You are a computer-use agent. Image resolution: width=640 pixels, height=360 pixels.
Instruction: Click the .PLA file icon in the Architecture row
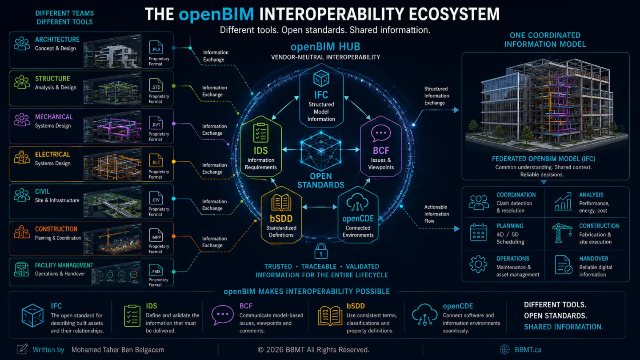point(156,47)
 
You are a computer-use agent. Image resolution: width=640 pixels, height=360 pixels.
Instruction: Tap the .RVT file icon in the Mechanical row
point(156,123)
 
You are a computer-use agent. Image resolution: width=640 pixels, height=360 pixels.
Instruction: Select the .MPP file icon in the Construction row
point(156,235)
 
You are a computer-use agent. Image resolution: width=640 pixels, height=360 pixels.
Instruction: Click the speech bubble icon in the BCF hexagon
point(381,133)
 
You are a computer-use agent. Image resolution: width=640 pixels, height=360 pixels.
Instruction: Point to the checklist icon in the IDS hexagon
point(260,132)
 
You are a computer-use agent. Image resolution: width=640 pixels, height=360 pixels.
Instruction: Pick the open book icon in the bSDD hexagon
point(281,203)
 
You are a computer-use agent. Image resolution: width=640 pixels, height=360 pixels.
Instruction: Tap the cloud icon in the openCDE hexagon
point(358,202)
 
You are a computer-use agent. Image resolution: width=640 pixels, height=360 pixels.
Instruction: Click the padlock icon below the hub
point(321,251)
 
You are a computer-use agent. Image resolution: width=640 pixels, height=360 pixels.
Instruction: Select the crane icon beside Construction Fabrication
point(562,233)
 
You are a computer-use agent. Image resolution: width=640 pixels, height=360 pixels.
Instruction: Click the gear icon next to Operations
point(478,264)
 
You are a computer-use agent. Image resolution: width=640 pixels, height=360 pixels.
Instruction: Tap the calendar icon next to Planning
point(478,232)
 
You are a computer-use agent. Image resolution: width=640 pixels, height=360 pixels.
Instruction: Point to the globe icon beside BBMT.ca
point(504,349)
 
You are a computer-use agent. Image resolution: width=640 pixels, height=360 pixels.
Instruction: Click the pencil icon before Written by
point(22,349)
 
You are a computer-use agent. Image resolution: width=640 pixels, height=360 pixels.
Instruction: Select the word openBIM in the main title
point(216,14)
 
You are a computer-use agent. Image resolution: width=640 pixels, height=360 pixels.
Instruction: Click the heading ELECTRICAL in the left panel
point(52,154)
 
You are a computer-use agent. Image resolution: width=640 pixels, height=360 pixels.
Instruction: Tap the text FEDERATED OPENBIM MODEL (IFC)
point(544,159)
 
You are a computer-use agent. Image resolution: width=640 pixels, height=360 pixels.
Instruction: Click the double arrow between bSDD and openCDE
point(320,207)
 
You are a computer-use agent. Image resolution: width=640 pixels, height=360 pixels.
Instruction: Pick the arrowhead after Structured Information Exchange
point(456,110)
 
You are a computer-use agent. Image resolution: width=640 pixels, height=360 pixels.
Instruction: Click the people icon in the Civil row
point(22,196)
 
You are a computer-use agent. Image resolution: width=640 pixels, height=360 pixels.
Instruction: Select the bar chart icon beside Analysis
point(563,201)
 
